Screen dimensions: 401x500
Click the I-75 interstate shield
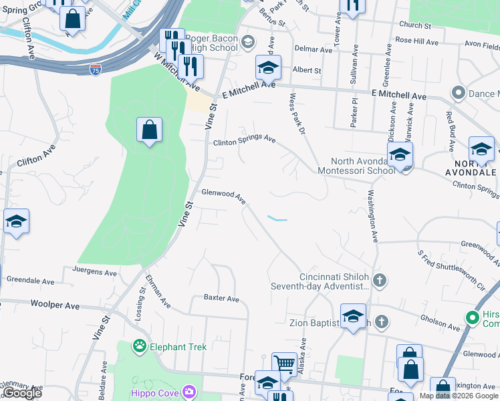(x=96, y=70)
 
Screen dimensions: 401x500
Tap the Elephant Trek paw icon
(x=139, y=346)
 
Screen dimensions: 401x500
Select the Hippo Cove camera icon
(x=189, y=392)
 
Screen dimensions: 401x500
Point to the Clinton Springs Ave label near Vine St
(x=244, y=140)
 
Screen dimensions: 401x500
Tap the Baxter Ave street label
(x=221, y=298)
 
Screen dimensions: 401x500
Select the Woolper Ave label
(x=55, y=305)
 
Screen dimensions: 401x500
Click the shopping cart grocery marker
(x=284, y=365)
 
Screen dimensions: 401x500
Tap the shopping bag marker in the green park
(x=149, y=130)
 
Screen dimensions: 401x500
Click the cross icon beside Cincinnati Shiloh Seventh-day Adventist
(x=380, y=279)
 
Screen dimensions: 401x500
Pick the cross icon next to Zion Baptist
(x=381, y=322)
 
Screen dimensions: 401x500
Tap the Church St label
(x=414, y=25)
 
